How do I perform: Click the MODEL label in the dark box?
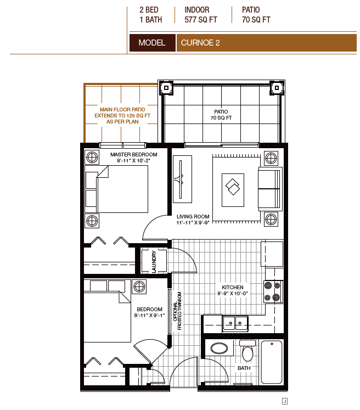coord(151,43)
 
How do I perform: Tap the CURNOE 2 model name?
coord(200,43)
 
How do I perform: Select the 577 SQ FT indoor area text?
coord(201,20)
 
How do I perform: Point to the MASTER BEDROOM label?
coord(133,155)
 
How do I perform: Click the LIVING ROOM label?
coord(193,216)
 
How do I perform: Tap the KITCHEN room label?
coord(233,287)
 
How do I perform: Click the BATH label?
coord(244,368)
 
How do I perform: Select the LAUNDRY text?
coord(154,261)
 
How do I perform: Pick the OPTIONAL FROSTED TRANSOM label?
coord(177,311)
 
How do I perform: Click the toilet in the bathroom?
coord(248,350)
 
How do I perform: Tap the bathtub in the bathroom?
coord(272,362)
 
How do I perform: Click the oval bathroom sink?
coord(219,348)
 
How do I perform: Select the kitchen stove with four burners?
coord(273,291)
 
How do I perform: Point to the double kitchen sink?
coord(235,323)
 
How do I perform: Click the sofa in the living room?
coord(271,189)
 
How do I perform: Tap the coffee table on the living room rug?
coord(233,190)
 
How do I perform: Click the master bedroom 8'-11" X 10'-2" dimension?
coord(133,161)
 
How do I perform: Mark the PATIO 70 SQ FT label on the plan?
coord(221,115)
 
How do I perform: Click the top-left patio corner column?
coord(166,88)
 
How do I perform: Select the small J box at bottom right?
coord(285,401)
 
